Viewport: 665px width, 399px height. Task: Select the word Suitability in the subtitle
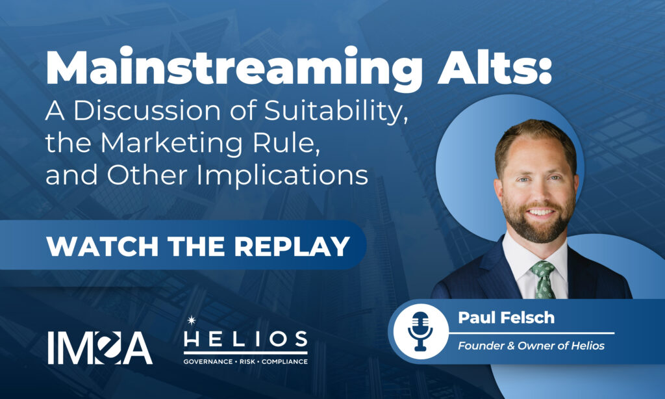tap(333, 112)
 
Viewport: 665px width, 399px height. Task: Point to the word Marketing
tap(171, 144)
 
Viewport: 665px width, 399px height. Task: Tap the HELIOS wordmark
tap(245, 340)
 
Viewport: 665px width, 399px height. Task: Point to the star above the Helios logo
tap(192, 320)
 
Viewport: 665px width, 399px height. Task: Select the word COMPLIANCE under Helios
tap(284, 362)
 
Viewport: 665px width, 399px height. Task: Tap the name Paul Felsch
tap(506, 318)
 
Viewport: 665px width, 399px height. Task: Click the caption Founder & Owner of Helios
tap(531, 346)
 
